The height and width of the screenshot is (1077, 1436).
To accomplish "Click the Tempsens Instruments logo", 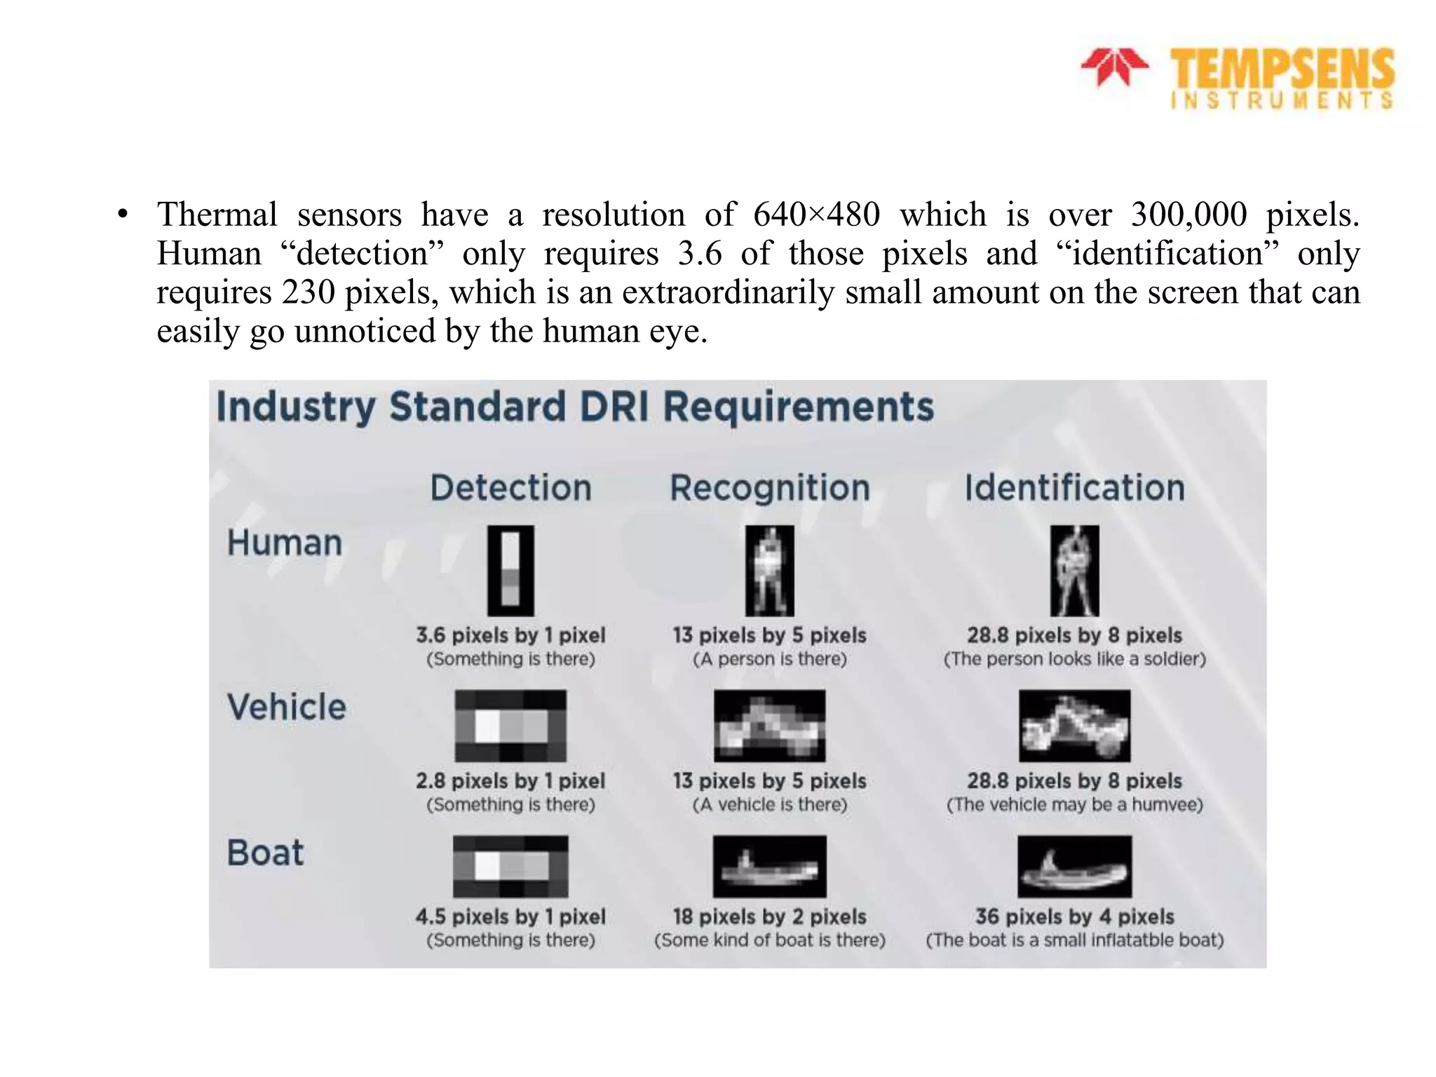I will tap(1238, 78).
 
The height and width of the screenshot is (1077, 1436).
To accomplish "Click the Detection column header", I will tap(510, 487).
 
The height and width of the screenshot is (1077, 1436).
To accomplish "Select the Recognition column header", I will tap(769, 487).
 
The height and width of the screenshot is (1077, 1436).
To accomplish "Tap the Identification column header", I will tap(1073, 487).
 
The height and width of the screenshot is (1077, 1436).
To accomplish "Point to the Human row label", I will tap(285, 543).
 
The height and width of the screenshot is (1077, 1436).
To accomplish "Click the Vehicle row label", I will tap(287, 707).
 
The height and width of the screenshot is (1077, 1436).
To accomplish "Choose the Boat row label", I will tap(265, 853).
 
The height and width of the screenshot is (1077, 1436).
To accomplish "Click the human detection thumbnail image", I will tap(510, 571).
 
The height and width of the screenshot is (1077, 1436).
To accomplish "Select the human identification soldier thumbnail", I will tap(1074, 571).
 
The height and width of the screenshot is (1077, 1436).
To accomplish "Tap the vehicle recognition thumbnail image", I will tap(769, 726).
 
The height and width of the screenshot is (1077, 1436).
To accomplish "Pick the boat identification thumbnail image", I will tap(1074, 867).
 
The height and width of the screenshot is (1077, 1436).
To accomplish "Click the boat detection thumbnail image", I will tap(510, 867).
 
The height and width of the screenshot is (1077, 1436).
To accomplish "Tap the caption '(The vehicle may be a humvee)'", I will tap(1074, 804).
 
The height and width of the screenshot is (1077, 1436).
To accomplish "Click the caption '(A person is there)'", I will tap(769, 659).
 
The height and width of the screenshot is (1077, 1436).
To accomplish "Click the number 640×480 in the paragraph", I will tap(816, 215).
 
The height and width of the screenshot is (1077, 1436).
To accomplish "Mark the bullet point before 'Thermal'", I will tap(123, 215).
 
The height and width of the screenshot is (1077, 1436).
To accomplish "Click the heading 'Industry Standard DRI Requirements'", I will tap(575, 407).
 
